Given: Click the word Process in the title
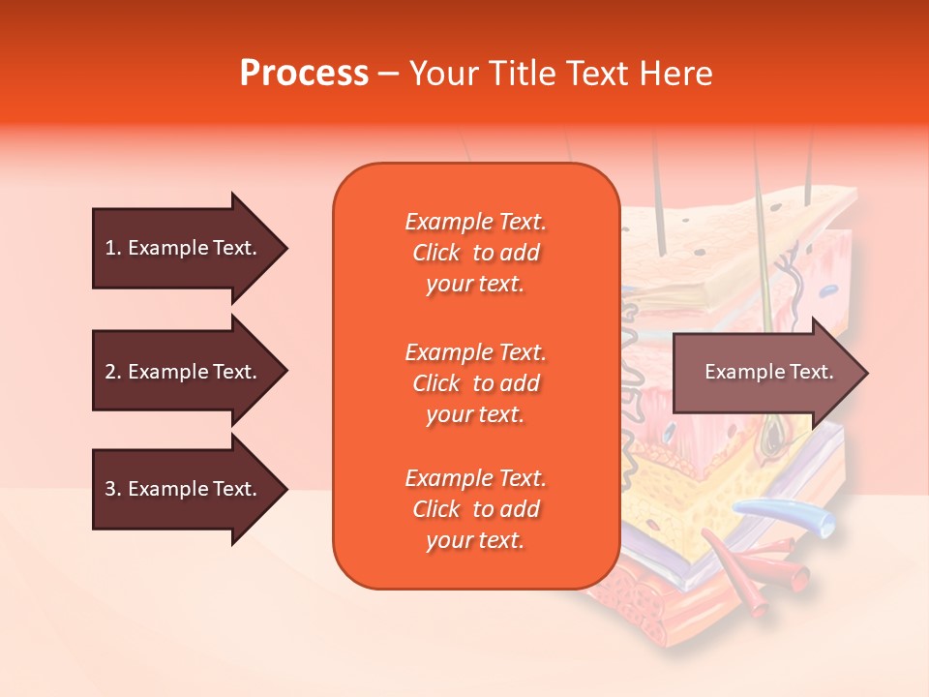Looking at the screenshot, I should coord(304,73).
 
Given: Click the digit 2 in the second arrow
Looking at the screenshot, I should coord(109,372).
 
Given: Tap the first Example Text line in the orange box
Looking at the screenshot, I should coord(475,222).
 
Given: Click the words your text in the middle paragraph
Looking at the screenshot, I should coord(475,414).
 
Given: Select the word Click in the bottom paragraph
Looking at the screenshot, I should coord(435,509).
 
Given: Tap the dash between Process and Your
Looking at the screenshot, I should coord(388,74).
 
